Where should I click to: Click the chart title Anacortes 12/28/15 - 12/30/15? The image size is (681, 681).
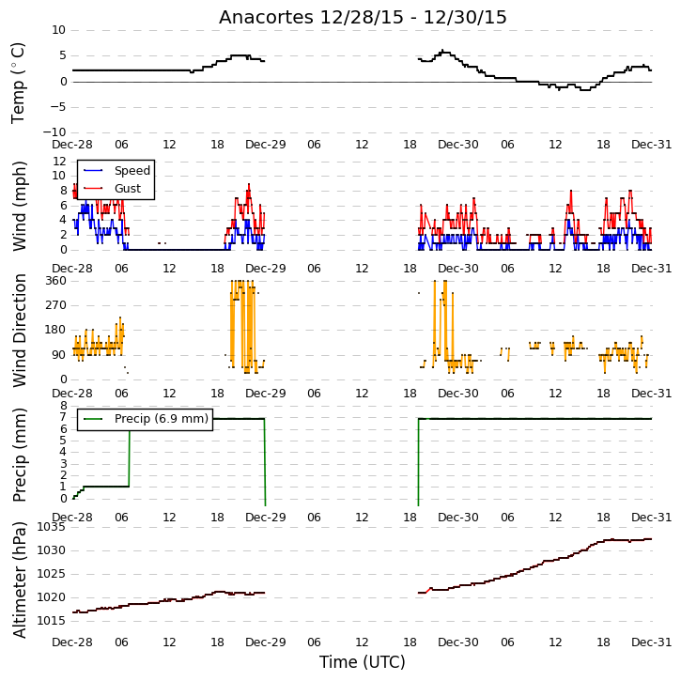click(x=363, y=17)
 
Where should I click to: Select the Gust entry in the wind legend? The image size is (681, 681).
click(x=113, y=189)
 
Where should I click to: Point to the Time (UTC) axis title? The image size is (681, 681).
click(x=363, y=662)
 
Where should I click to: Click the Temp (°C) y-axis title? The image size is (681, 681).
click(x=18, y=83)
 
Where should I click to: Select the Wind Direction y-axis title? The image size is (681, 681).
click(x=19, y=331)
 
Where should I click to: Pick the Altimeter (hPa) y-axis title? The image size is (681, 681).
click(x=19, y=580)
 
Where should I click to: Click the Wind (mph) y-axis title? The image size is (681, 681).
click(x=19, y=206)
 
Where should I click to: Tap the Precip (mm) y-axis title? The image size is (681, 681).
click(x=19, y=455)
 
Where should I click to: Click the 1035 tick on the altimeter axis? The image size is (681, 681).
click(x=51, y=527)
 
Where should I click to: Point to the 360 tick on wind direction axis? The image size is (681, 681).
click(x=56, y=281)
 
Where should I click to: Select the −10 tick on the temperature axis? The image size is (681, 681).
click(x=54, y=132)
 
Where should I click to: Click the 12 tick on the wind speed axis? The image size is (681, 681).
click(x=59, y=162)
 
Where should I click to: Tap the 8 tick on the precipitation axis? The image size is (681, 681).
click(x=64, y=406)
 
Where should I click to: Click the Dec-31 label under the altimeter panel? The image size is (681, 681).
click(x=652, y=642)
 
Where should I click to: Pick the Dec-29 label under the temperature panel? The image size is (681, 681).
click(x=266, y=145)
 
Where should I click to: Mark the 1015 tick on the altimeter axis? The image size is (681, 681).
click(x=51, y=620)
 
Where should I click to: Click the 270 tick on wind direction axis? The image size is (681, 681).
click(x=56, y=305)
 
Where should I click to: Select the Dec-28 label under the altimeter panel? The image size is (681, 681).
click(x=72, y=642)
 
